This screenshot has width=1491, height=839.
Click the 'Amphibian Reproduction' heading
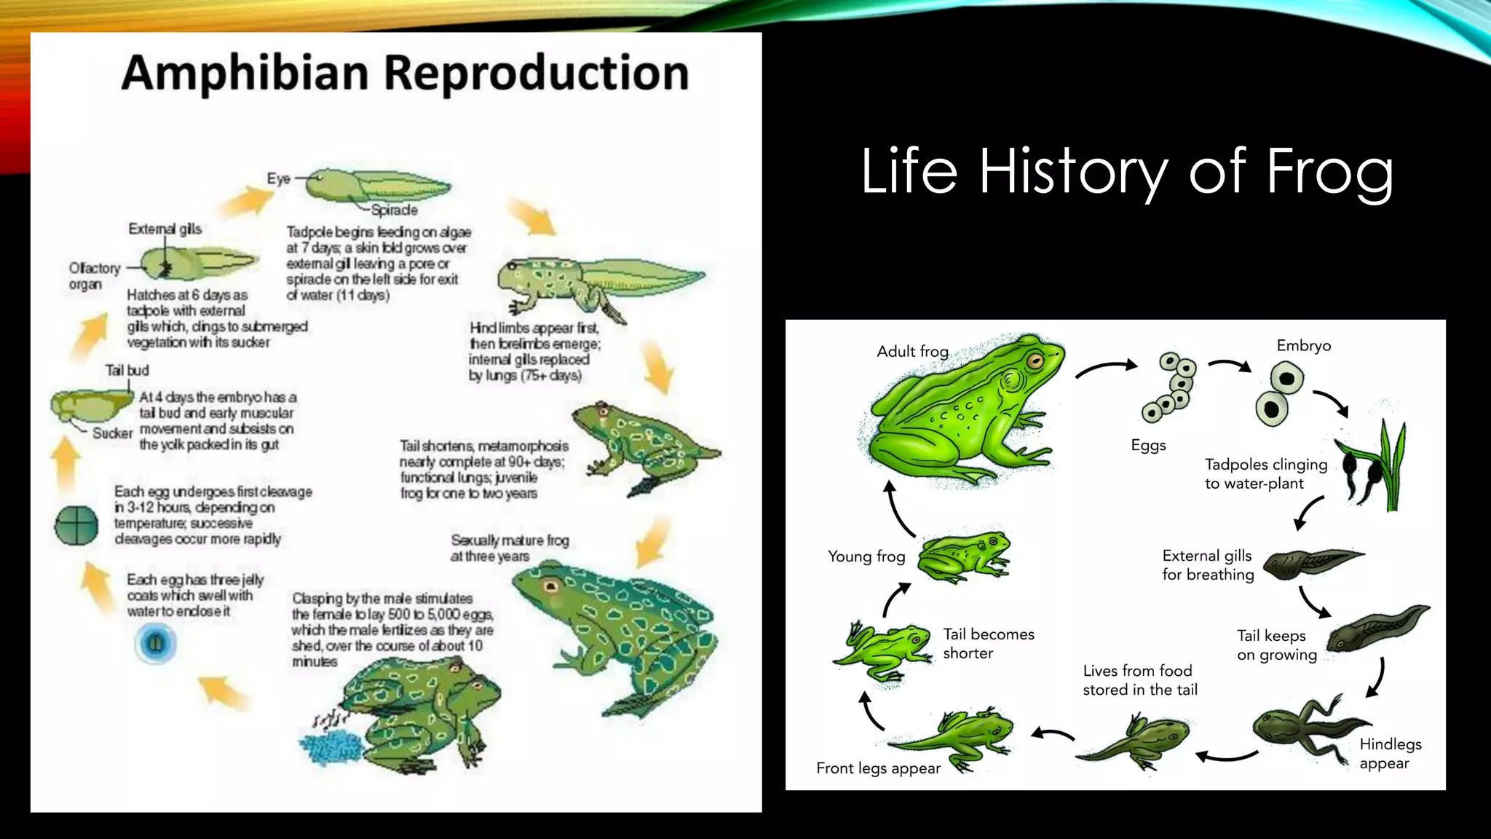coord(405,74)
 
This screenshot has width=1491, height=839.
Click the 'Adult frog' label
coord(912,352)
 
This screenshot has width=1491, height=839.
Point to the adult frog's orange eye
coord(1035,361)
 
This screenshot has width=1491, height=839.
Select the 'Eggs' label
coord(1148,445)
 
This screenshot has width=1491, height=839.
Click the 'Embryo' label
coord(1303,346)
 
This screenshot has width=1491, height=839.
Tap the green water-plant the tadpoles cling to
coord(1391,466)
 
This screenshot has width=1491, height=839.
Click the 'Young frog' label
coord(866,557)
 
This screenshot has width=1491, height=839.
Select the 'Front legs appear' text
coord(878,768)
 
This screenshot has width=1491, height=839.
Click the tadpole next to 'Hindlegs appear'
coord(1303,728)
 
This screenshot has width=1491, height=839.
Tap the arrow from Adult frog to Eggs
coord(1106,368)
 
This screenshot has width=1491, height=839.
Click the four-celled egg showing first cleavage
coord(76,525)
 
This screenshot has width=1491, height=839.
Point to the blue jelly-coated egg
coord(155,643)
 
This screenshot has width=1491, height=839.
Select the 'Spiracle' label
coord(394,210)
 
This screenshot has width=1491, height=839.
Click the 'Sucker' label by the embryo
coord(112,433)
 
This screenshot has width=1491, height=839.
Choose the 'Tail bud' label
coord(127,371)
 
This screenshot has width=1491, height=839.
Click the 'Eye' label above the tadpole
coord(278,179)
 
